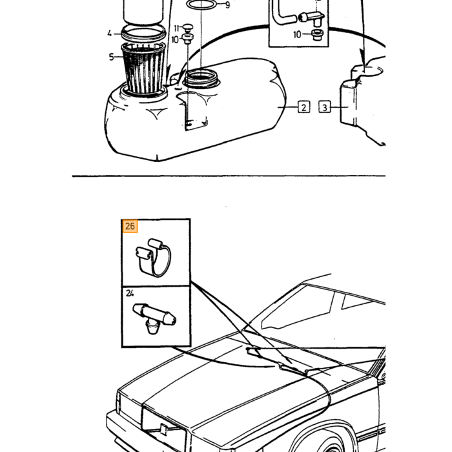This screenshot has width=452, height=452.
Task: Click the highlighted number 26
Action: click(130, 226)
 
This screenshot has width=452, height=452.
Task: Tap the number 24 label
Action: click(130, 293)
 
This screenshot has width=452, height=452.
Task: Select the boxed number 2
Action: click(304, 107)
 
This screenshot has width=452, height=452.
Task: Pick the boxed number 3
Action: click(325, 107)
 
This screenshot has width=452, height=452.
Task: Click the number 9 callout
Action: click(227, 5)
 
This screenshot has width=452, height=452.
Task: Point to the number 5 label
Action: click(111, 57)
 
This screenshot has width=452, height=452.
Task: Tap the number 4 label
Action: click(109, 34)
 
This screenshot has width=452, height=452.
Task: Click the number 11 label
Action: click(177, 28)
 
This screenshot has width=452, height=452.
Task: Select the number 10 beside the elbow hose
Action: click(297, 35)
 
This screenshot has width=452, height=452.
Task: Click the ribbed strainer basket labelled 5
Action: click(143, 68)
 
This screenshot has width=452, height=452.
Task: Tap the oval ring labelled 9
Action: click(201, 5)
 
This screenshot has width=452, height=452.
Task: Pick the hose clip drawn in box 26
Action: click(154, 258)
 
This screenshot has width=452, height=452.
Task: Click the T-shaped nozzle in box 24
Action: click(154, 318)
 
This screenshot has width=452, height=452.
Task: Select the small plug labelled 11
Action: click(188, 28)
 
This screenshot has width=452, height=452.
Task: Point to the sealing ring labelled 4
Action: click(143, 33)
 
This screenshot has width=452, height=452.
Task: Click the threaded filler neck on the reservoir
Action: click(201, 78)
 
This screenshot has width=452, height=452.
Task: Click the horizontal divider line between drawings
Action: click(229, 176)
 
